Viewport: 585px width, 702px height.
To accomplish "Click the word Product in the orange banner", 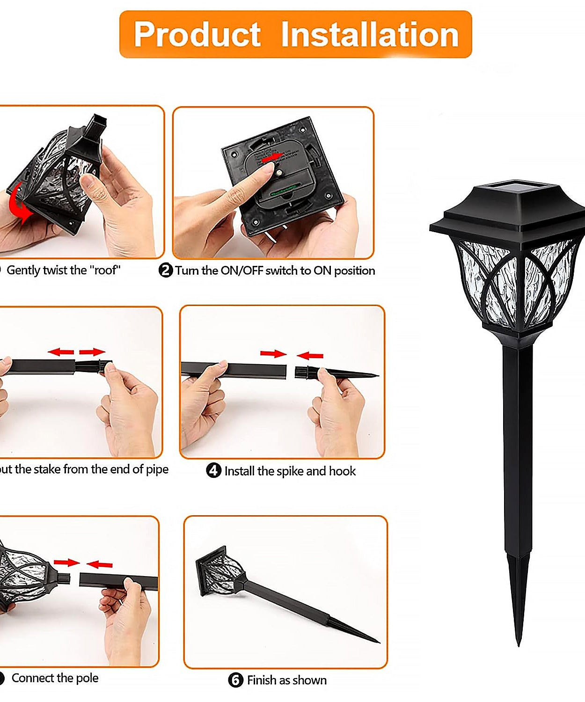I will pyautogui.click(x=197, y=35).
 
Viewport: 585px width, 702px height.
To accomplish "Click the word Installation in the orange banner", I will pyautogui.click(x=370, y=35).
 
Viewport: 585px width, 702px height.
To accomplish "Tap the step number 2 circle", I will pyautogui.click(x=166, y=271).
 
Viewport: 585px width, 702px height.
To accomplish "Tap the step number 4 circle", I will pyautogui.click(x=213, y=470).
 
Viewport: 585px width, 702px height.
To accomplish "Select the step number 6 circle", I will pyautogui.click(x=235, y=680).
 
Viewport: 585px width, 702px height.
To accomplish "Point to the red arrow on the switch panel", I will pyautogui.click(x=272, y=158).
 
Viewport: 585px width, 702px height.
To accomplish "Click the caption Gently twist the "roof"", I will pyautogui.click(x=64, y=270).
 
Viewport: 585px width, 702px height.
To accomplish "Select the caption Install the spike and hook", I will pyautogui.click(x=290, y=471).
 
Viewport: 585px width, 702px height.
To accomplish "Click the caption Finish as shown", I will pyautogui.click(x=286, y=680).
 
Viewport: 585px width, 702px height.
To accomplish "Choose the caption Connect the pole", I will pyautogui.click(x=55, y=678).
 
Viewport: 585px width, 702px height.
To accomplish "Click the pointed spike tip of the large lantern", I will pyautogui.click(x=518, y=641).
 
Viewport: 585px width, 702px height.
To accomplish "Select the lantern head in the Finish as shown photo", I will pyautogui.click(x=220, y=571).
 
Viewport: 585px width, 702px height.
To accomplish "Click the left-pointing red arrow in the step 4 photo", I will pyautogui.click(x=310, y=356).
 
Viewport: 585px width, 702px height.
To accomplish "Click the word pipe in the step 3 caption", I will pyautogui.click(x=157, y=469).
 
